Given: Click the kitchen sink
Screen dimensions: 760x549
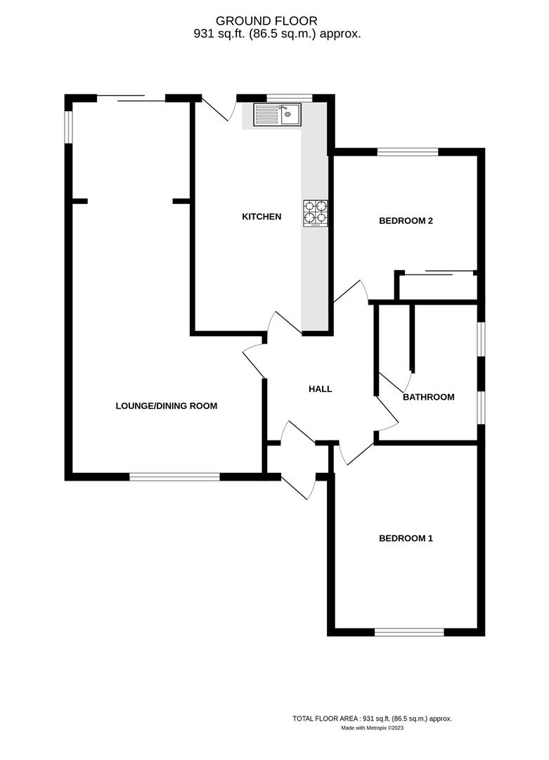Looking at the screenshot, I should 278,114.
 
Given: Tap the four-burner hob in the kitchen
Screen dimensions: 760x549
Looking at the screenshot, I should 316,214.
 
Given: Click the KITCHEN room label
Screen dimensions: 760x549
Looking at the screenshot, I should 261,217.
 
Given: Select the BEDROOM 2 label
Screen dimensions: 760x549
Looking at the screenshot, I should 406,221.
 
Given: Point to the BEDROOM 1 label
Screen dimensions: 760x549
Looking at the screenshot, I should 406,539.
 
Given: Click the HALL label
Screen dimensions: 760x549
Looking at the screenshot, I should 320,389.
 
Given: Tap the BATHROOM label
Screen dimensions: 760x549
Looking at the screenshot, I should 428,398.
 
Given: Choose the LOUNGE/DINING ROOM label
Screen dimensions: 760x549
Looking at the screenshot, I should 167,406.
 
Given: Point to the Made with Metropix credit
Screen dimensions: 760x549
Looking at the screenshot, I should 373,728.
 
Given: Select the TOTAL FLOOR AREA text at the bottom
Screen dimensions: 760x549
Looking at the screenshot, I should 372,718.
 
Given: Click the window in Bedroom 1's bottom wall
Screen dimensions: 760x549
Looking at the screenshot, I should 409,632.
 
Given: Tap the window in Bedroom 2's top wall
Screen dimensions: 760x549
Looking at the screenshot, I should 408,151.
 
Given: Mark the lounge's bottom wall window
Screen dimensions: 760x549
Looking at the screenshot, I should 174,477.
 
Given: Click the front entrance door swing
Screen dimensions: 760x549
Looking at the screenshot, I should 298,486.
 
